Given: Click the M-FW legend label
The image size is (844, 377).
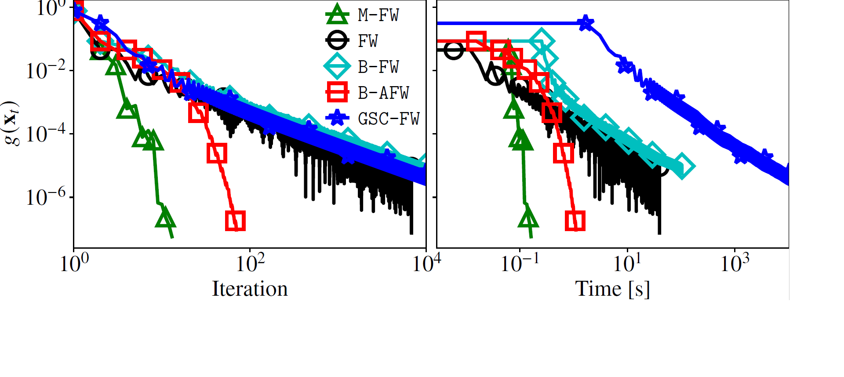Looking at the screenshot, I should click(378, 15).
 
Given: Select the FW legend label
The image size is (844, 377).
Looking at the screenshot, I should click(367, 41).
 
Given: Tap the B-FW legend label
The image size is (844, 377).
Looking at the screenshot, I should click(378, 67).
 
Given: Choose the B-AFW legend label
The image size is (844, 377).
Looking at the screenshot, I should click(383, 93).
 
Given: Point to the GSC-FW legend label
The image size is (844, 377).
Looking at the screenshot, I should click(389, 119).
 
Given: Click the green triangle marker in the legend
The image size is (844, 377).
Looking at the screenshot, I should click(337, 14).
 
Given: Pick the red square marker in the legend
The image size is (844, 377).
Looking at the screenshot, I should click(337, 93).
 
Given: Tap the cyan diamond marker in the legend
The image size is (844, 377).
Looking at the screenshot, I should click(337, 67).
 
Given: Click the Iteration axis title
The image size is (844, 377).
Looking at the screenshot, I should click(250, 289).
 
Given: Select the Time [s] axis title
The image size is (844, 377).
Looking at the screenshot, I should click(612, 289).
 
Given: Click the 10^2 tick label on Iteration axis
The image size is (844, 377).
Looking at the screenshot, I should click(251, 263).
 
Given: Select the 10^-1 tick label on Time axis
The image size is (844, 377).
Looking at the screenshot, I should click(520, 263).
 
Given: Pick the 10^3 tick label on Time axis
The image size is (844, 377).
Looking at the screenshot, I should click(735, 263).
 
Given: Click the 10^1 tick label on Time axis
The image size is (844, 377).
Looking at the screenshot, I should click(627, 263).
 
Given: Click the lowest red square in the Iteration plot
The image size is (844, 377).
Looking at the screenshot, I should click(235, 221).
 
